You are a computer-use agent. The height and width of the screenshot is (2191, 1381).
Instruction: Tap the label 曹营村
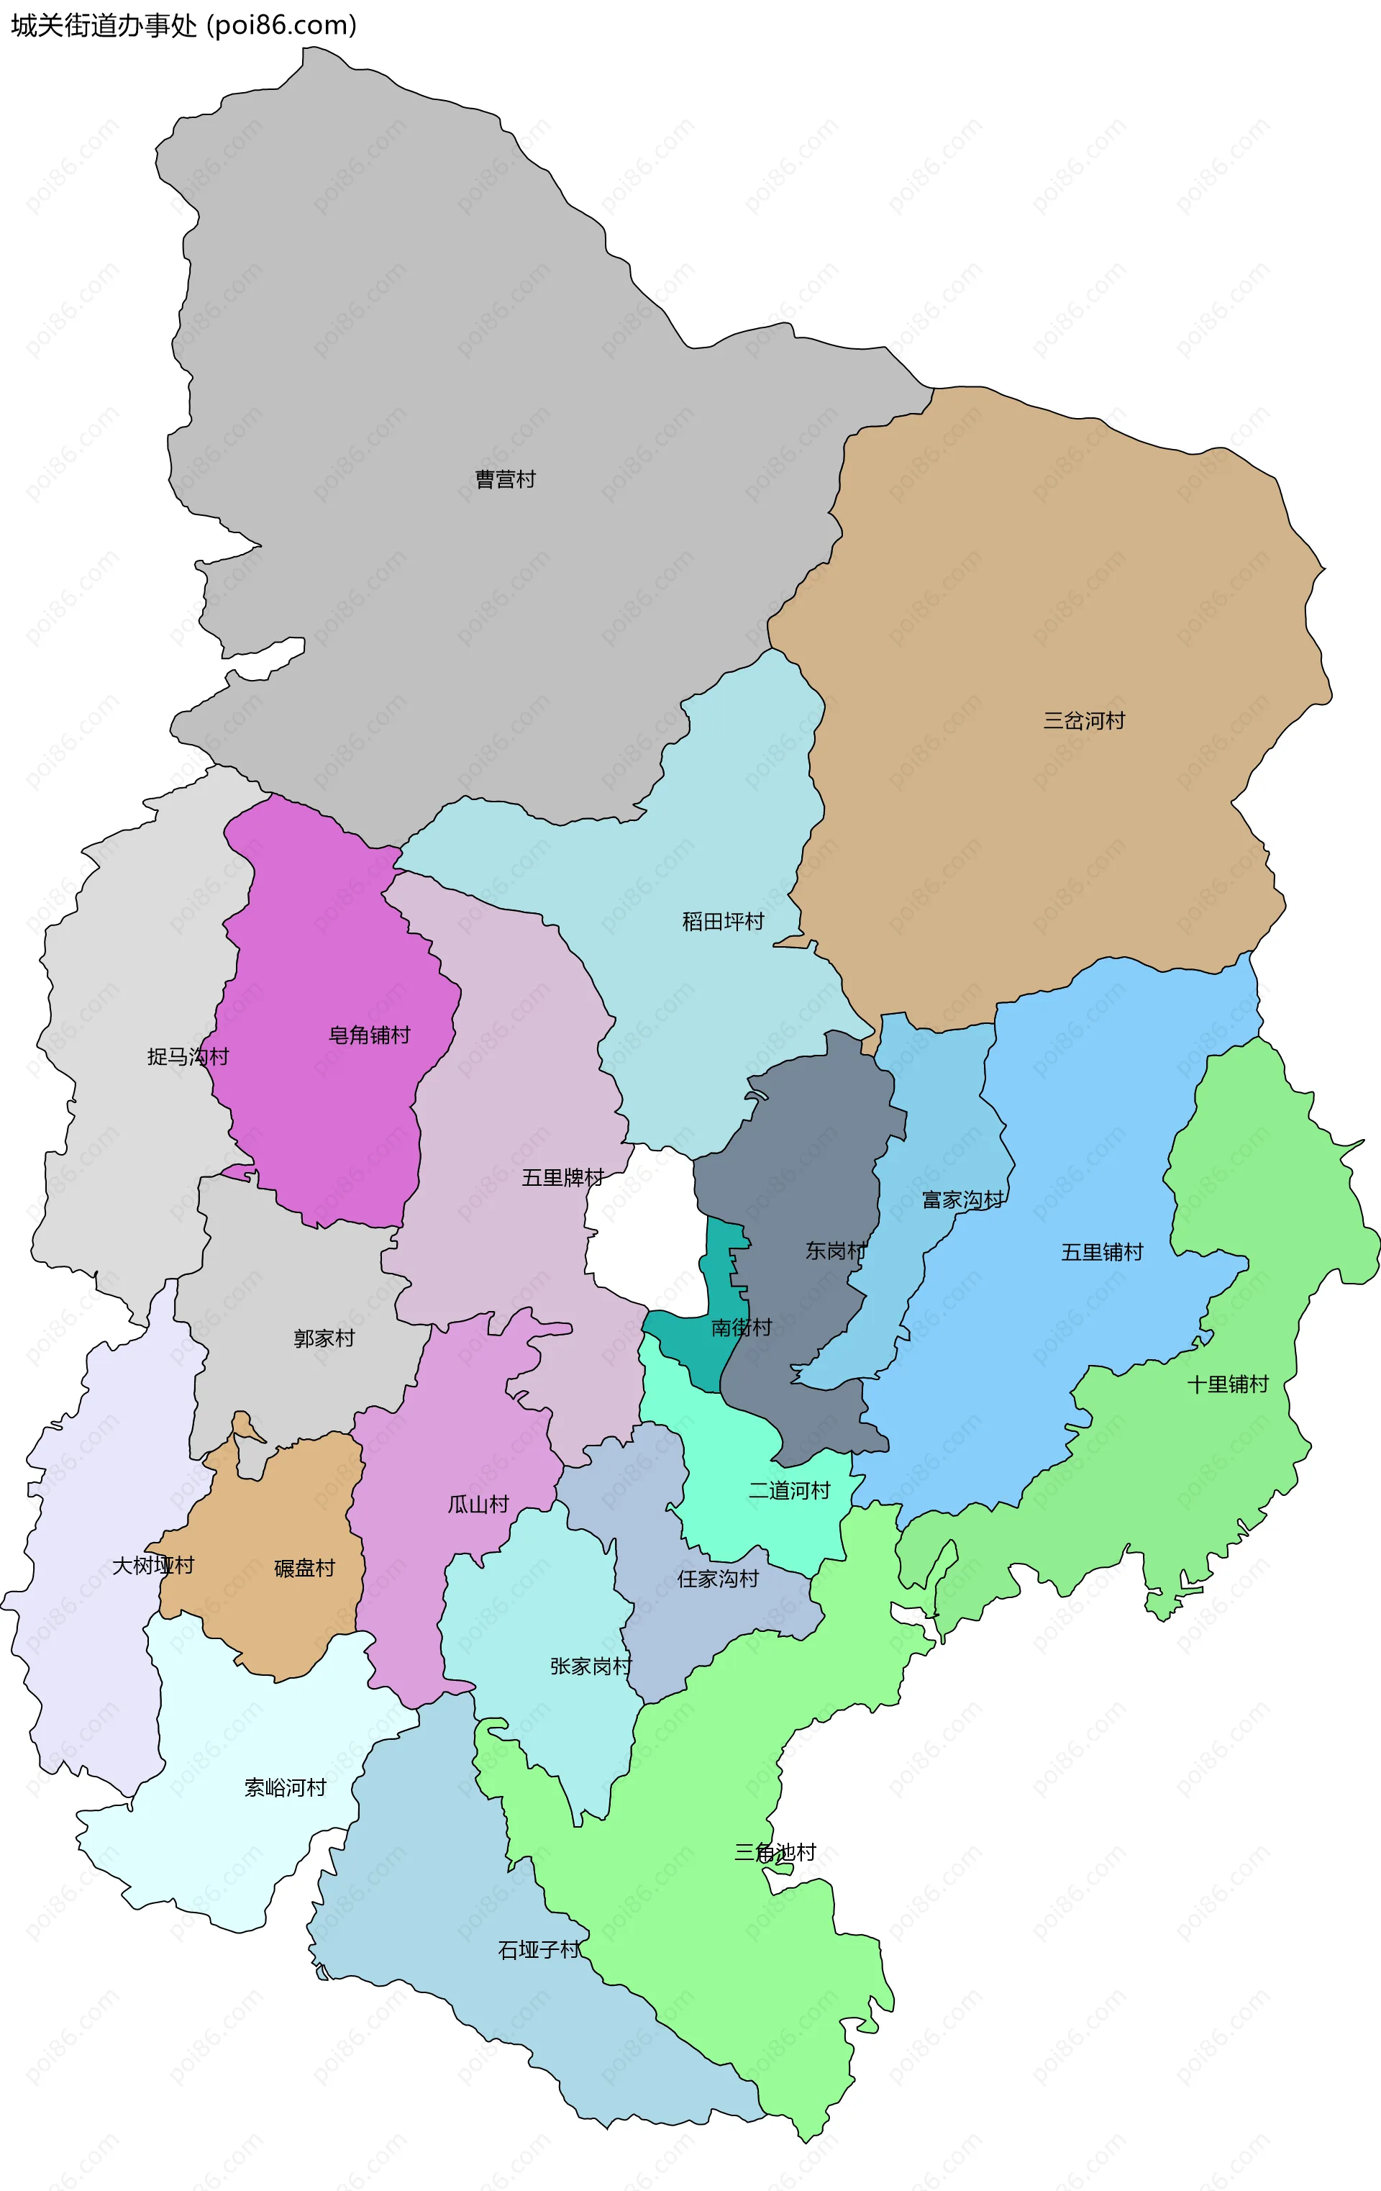505,479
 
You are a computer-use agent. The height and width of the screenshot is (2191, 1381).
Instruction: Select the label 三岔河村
1083,721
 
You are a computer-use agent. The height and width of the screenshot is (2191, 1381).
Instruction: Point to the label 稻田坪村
724,922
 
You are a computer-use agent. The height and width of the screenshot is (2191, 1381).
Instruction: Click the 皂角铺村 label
370,1035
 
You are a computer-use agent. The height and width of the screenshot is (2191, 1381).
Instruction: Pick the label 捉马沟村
188,1056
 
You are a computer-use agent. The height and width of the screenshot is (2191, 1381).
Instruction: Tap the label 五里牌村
562,1177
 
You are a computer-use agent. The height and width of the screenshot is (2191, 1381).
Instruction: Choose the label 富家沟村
962,1200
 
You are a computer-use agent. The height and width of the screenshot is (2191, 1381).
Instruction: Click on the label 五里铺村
1102,1252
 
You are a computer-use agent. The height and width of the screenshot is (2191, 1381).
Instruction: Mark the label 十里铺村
1227,1384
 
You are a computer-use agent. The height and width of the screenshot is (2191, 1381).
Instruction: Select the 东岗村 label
835,1251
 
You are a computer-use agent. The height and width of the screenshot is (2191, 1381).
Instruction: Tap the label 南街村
742,1328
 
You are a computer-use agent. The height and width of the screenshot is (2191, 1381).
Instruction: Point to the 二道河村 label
789,1490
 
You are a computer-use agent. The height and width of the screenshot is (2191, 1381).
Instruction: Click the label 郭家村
324,1338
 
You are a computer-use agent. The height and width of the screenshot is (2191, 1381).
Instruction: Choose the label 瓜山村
478,1504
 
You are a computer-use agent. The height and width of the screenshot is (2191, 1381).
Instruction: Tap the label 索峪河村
285,1788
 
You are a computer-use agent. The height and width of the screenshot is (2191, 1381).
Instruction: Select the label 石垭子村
539,1950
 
